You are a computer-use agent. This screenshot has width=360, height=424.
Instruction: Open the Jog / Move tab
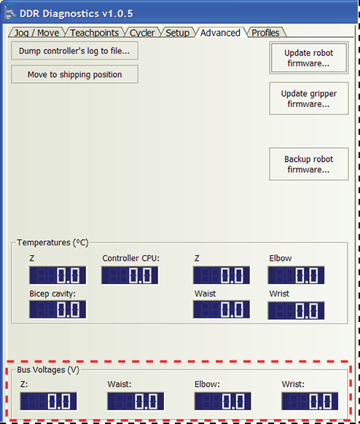coord(36,33)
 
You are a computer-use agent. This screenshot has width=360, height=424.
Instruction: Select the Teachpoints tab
coord(95,33)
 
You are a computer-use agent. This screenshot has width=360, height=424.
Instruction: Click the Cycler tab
coord(142,33)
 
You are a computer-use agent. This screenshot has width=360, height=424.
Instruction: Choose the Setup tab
coord(177,33)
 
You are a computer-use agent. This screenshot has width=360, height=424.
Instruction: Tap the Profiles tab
coord(265,33)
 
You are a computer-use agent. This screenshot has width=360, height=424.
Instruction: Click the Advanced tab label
coord(220,33)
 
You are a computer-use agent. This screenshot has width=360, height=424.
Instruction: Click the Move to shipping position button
coord(74,74)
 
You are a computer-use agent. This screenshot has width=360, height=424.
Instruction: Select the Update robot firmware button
coord(309,58)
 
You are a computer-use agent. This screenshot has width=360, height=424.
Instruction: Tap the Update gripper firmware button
coord(309,98)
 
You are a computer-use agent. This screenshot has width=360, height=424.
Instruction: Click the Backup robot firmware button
coord(309,164)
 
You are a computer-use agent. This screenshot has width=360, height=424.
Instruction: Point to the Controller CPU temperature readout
coord(130,275)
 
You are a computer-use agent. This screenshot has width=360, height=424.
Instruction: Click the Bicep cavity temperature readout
coord(58,310)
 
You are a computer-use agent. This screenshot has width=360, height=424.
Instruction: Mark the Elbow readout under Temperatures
coord(296,275)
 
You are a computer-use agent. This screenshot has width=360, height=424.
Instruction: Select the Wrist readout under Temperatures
coord(296,310)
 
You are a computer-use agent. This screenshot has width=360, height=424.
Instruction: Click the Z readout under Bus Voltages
coord(48,401)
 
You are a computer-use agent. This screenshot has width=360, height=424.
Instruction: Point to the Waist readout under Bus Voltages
coord(136,401)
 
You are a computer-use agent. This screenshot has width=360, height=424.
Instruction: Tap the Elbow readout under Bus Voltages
coord(222,401)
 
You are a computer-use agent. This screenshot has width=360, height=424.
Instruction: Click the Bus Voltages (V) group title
coord(48,370)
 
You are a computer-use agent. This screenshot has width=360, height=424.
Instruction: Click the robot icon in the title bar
coord(9,14)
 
